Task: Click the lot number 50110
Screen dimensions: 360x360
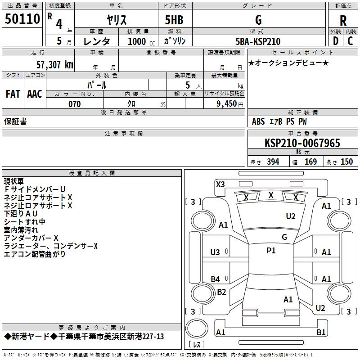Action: coord(22,19)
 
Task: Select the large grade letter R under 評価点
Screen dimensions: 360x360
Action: coord(343,20)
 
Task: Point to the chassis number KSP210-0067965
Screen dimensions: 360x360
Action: coord(302,143)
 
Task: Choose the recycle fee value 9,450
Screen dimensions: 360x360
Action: coord(227,104)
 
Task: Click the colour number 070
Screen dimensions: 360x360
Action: coord(74,104)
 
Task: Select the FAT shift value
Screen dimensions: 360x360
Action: coord(13,94)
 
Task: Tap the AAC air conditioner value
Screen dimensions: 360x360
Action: coord(35,94)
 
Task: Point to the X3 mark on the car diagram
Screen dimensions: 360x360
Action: coord(220,184)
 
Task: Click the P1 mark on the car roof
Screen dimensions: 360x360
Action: coord(271,251)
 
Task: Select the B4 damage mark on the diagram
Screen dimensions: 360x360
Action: coord(216,279)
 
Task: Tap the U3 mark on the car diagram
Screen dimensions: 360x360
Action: coord(216,252)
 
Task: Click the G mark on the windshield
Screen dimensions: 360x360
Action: coord(284,237)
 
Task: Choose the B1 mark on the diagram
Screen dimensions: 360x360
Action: coord(321,333)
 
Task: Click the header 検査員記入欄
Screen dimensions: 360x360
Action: coord(92,173)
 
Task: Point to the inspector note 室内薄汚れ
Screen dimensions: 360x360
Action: coord(21,229)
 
